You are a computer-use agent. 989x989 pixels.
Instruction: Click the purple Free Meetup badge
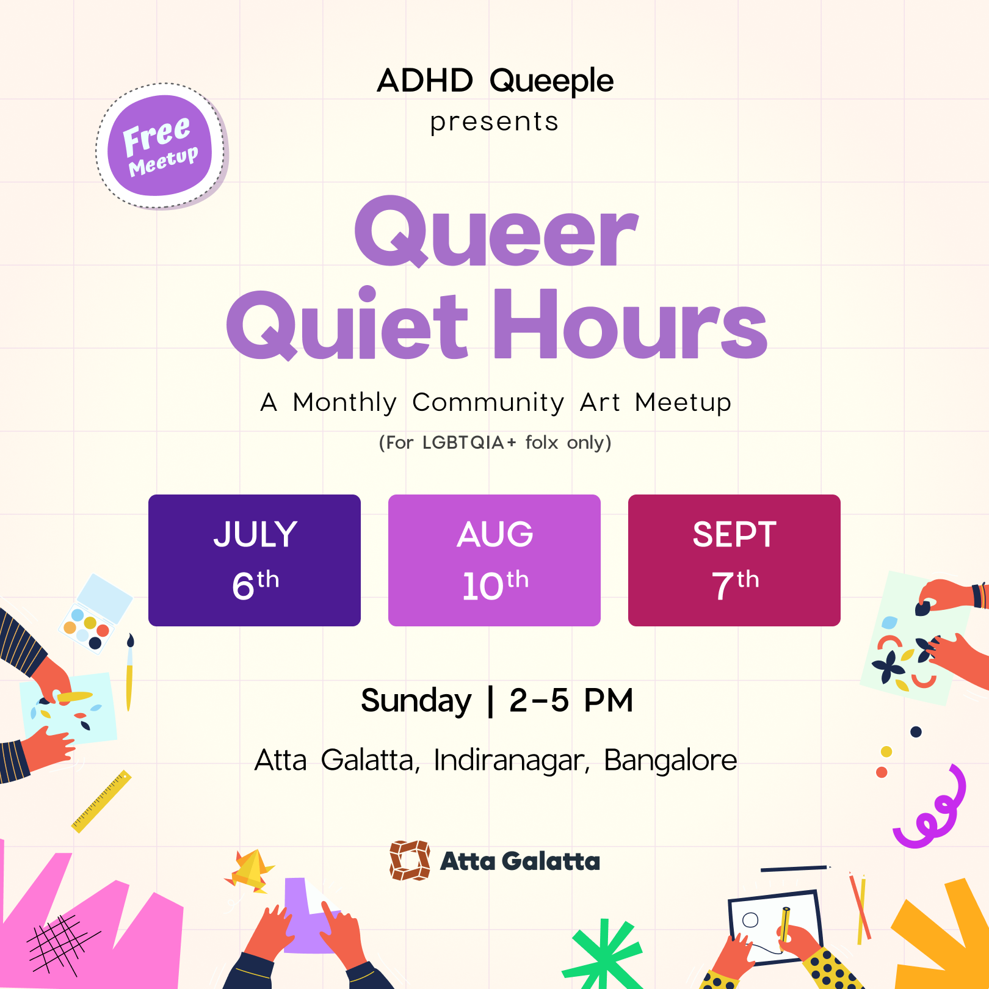pyautogui.click(x=160, y=146)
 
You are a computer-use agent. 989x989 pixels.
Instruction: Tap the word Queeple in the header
pyautogui.click(x=551, y=81)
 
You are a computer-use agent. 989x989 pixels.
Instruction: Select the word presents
pyautogui.click(x=494, y=122)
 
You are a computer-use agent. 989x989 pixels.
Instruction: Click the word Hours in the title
pyautogui.click(x=630, y=324)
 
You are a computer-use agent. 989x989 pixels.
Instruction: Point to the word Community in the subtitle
pyautogui.click(x=488, y=403)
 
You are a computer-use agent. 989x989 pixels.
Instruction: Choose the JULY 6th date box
pyautogui.click(x=255, y=560)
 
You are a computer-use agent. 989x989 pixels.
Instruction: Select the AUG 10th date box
pyautogui.click(x=494, y=560)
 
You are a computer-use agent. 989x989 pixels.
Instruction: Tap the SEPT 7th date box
pyautogui.click(x=734, y=560)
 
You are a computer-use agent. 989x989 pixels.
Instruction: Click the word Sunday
pyautogui.click(x=416, y=701)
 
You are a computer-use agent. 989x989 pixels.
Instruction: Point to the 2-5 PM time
pyautogui.click(x=571, y=700)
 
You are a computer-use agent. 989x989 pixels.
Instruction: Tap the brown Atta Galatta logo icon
pyautogui.click(x=410, y=861)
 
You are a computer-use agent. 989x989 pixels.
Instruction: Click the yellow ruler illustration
pyautogui.click(x=101, y=801)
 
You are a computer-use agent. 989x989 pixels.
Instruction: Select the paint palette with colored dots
pyautogui.click(x=95, y=614)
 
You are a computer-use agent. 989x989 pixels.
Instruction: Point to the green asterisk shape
pyautogui.click(x=603, y=953)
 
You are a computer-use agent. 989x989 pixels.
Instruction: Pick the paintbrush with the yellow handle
pyautogui.click(x=129, y=672)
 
